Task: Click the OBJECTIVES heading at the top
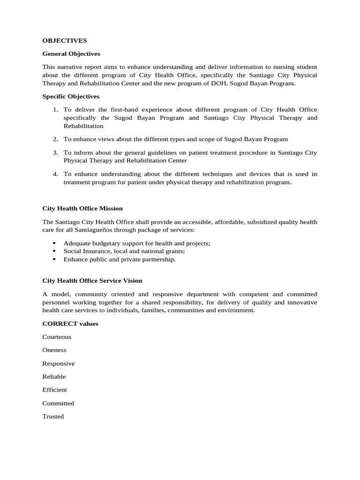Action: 65,41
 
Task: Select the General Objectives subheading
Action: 71,54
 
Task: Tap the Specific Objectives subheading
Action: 71,97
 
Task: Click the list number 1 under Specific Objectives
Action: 55,110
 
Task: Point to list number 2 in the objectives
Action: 55,139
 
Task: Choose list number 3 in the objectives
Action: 55,153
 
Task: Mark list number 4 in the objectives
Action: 55,174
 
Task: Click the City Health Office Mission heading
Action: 82,208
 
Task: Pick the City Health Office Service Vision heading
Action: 92,281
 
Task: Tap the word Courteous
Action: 57,337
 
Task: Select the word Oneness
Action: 54,350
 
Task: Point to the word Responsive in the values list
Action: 59,364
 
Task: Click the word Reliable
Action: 54,377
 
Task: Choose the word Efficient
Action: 55,390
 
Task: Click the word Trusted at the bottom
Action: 53,417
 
